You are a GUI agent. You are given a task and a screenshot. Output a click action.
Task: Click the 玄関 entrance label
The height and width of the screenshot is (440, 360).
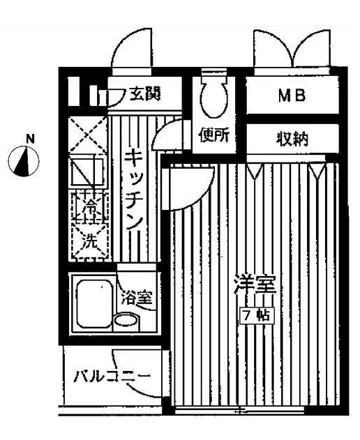(x=145, y=94)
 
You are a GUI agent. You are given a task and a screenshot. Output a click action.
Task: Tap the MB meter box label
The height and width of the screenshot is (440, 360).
(x=292, y=96)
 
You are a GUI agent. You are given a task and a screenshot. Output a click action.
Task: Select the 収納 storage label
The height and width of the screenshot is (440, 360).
(x=292, y=139)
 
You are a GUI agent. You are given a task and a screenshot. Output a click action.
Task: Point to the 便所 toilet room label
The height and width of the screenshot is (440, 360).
(x=214, y=135)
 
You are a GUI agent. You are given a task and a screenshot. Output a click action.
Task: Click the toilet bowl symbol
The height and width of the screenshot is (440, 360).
(x=214, y=96)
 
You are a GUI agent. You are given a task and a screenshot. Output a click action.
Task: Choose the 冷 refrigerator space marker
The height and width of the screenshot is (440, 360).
(x=90, y=207)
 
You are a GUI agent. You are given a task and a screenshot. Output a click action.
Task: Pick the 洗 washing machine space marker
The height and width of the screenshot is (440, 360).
(x=89, y=241)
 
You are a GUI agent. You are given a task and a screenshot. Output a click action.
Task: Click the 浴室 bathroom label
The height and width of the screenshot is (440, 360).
(x=137, y=298)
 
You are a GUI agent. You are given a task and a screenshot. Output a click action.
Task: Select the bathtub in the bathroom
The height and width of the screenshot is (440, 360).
(x=94, y=304)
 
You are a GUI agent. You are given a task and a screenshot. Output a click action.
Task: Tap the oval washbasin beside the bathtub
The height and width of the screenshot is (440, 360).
(x=127, y=320)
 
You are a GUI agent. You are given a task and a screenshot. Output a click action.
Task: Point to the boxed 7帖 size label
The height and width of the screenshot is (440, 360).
(x=257, y=316)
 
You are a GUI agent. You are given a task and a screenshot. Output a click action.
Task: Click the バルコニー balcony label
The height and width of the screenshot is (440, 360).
(x=112, y=377)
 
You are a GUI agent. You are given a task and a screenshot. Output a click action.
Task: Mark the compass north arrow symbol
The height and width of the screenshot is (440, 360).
(x=24, y=161)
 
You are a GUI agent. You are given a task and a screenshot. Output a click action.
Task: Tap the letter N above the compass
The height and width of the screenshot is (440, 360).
(x=30, y=139)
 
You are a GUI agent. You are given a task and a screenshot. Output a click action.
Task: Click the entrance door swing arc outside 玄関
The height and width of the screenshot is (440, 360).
(x=132, y=47)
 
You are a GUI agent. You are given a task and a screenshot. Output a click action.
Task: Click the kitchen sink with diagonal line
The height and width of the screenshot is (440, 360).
(x=88, y=172)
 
